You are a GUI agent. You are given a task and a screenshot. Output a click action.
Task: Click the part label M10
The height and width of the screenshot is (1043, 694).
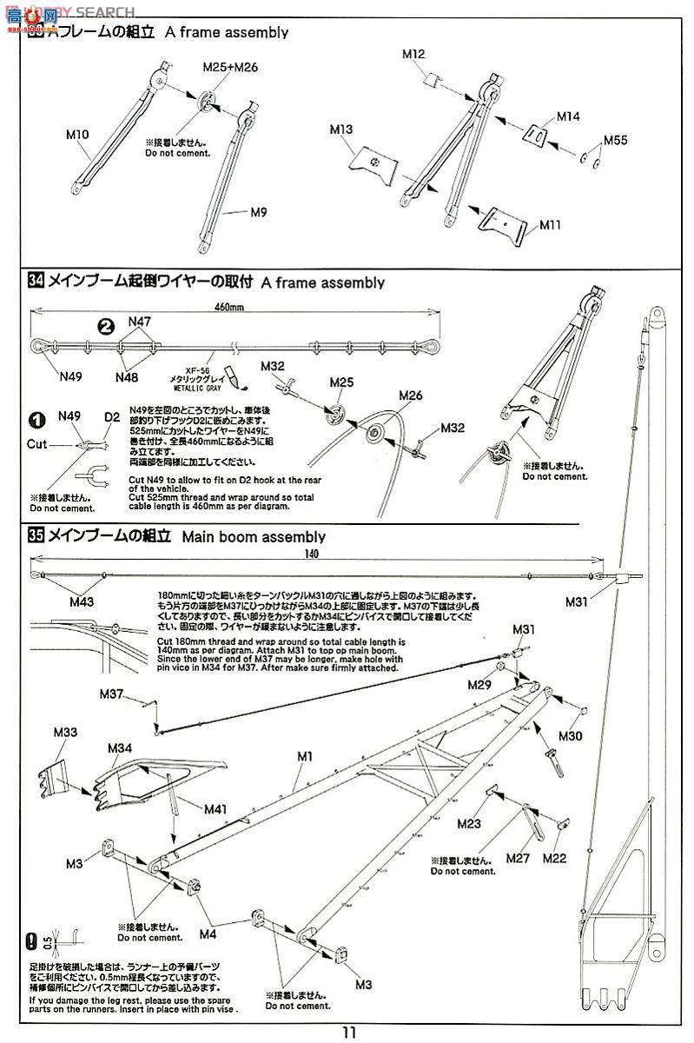click(78, 135)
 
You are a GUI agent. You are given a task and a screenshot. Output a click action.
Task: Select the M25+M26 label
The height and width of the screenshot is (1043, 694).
click(230, 67)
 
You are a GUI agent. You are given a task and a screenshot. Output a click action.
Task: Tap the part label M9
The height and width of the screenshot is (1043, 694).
click(234, 210)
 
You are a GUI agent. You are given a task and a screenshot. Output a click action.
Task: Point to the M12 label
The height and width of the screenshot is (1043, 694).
click(413, 54)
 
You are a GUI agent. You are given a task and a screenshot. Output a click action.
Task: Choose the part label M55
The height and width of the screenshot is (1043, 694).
click(615, 140)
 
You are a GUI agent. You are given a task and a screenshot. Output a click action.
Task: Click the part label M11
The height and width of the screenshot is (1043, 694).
click(550, 224)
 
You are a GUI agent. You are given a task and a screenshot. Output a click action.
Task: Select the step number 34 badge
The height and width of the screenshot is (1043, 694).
click(36, 282)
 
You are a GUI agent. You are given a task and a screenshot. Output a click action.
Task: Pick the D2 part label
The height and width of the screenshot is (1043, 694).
click(111, 416)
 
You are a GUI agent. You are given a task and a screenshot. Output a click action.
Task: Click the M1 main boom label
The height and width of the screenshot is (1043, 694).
click(304, 756)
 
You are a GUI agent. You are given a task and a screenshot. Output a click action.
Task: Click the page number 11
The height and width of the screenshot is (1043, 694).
click(348, 1033)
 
